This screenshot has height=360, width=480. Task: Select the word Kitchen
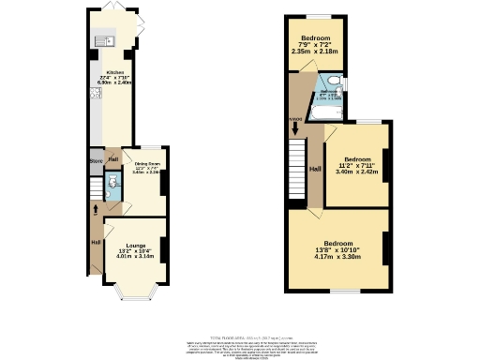[115, 72]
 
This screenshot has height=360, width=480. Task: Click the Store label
[95, 159]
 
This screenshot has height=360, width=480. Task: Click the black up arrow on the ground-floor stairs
[95, 206]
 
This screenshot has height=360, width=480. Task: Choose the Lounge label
[135, 246]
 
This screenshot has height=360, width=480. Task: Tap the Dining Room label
[146, 164]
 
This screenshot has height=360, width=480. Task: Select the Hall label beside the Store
[112, 159]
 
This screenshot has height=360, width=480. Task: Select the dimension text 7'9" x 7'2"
[314, 44]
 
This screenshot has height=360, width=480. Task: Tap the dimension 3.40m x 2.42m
[356, 172]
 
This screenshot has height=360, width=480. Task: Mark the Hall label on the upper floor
[315, 169]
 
